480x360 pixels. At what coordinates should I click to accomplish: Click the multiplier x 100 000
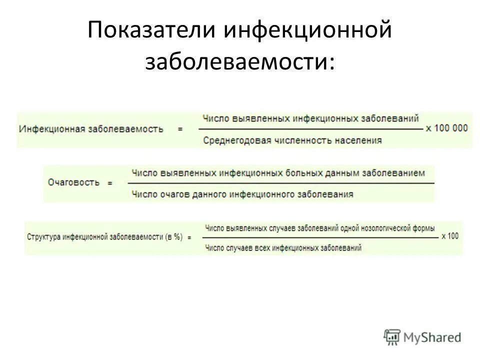point(447,128)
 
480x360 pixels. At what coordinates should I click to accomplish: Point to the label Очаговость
point(74,182)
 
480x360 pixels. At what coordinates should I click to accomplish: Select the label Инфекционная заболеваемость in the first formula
point(91,128)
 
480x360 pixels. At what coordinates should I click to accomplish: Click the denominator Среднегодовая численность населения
point(292,140)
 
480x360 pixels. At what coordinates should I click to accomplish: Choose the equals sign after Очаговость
point(110,183)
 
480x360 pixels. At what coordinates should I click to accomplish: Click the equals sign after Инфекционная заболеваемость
point(180,128)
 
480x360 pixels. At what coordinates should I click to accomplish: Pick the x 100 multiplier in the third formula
point(450,236)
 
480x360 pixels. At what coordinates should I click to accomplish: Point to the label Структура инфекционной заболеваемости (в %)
point(105,237)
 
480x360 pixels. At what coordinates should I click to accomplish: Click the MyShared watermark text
point(432,337)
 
